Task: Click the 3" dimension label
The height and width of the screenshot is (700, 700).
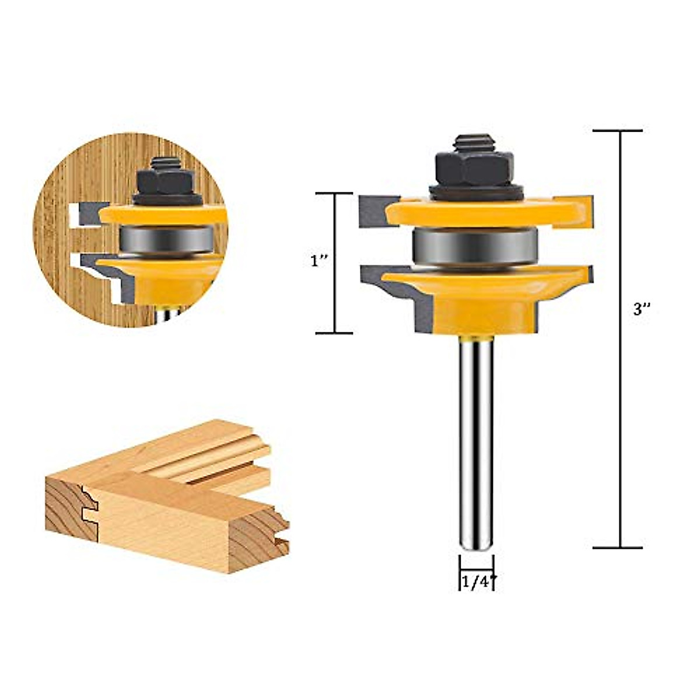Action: (x=642, y=310)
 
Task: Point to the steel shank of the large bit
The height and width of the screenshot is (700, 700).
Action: (x=476, y=443)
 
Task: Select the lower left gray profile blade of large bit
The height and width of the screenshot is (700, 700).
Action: (x=385, y=286)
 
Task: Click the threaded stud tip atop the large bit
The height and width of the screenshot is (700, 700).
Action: (x=475, y=142)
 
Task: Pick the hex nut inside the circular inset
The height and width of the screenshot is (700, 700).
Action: (x=167, y=181)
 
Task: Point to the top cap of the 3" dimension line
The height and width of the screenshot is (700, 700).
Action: (x=618, y=131)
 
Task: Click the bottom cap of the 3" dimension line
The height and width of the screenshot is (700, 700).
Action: (x=618, y=548)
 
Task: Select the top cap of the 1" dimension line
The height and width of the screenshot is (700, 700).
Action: (x=334, y=193)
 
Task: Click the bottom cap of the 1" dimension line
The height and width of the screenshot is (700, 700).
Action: (x=334, y=333)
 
